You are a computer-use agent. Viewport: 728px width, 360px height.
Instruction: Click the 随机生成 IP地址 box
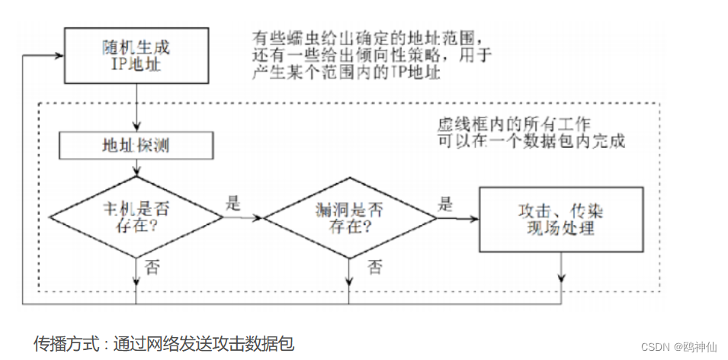point(138,56)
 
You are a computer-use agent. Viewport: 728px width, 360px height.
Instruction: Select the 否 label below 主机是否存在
point(151,268)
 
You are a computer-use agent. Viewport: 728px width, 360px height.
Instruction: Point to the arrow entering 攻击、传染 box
point(457,218)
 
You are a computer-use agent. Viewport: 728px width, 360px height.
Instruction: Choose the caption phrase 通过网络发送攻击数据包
point(204,343)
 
